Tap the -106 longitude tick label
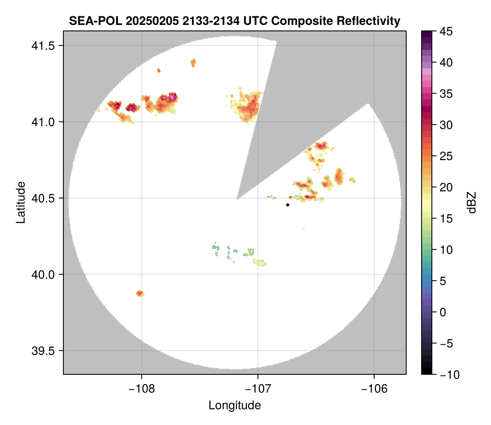[x=374, y=389]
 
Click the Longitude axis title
[x=234, y=405]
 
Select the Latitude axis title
[x=21, y=202]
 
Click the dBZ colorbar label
[x=472, y=202]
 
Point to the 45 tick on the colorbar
[x=446, y=31]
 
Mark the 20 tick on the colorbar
[x=446, y=188]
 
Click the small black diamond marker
[x=287, y=205]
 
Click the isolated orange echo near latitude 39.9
[x=140, y=294]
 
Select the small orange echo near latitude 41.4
[x=193, y=63]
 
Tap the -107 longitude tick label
[x=258, y=389]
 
